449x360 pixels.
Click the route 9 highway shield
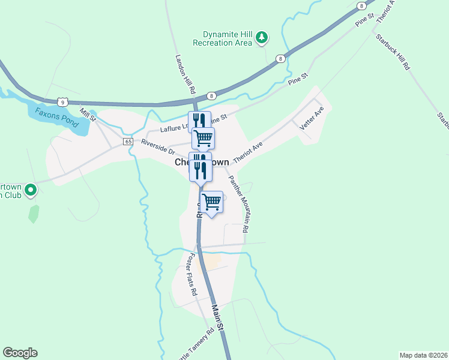click(x=62, y=103)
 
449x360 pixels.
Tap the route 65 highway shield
click(x=128, y=142)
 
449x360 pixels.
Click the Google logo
click(x=20, y=353)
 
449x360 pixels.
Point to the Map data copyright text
click(x=423, y=355)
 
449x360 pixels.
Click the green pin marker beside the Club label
click(x=31, y=191)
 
